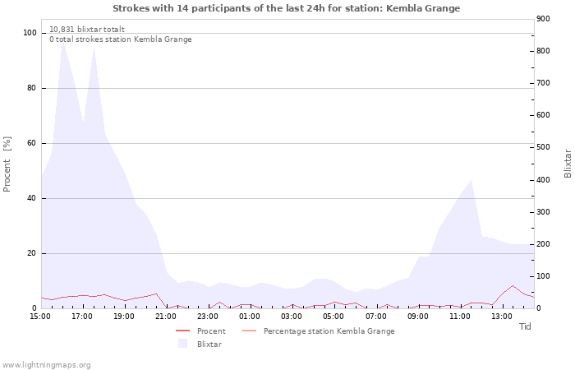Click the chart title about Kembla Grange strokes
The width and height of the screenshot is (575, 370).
point(286,8)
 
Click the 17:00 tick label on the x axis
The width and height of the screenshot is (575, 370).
point(82,316)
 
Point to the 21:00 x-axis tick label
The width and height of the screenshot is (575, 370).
point(166,316)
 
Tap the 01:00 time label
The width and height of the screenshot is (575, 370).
point(250,316)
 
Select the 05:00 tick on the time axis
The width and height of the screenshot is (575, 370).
point(333,316)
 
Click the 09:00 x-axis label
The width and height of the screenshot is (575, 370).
point(417,316)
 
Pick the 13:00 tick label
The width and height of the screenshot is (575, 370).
point(501,316)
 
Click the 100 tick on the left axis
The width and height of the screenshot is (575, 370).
point(30,33)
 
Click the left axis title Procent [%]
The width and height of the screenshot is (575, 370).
point(7,164)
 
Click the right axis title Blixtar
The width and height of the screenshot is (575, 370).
point(568,163)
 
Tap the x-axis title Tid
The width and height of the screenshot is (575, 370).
point(525,326)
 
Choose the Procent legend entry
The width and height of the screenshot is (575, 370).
point(211,331)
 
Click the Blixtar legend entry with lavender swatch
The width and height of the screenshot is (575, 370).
point(209,345)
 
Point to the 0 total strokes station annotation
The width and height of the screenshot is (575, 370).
point(120,39)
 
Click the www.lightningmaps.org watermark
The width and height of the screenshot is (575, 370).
point(47,365)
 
